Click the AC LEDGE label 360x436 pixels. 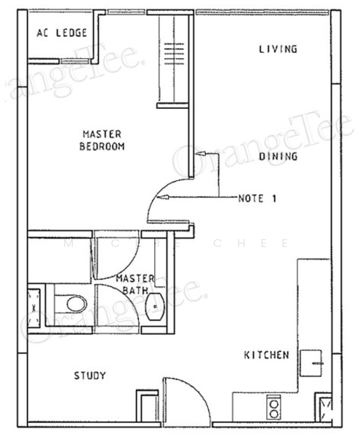[x=62, y=33]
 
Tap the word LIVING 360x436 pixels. [x=278, y=49]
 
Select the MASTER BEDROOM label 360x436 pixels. [x=102, y=140]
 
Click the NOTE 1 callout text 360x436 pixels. [x=257, y=198]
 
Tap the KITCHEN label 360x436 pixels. [x=266, y=355]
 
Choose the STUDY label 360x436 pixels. [x=90, y=376]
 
